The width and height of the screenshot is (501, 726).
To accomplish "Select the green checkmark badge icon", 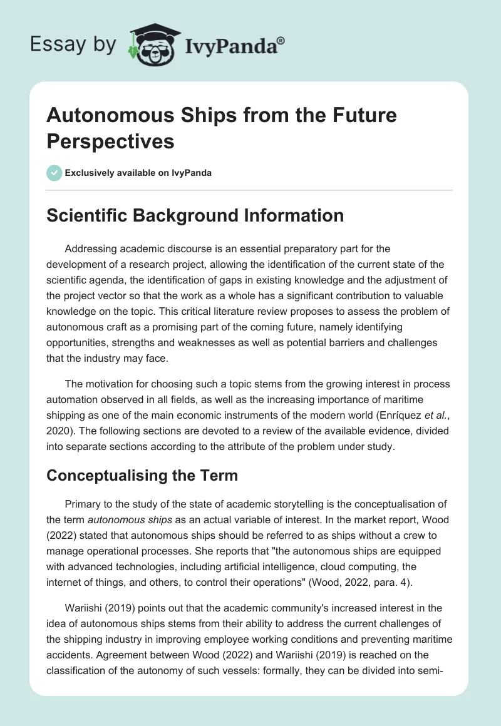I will click(x=54, y=173).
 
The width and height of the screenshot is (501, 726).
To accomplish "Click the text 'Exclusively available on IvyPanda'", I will click(x=138, y=173).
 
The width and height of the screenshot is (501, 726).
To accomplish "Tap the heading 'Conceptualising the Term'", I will click(x=143, y=475).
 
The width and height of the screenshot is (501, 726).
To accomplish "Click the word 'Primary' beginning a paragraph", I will click(x=84, y=504).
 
